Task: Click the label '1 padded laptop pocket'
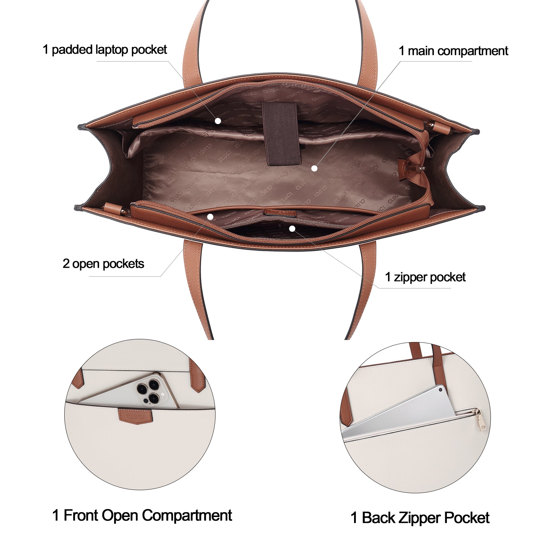[x=104, y=50]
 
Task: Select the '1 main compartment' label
[x=453, y=51]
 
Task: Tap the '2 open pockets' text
[x=103, y=264]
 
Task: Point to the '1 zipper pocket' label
[x=425, y=277]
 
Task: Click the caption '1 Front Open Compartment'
[x=142, y=516]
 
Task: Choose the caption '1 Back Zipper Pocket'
[x=420, y=518]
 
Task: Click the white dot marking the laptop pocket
[x=218, y=121]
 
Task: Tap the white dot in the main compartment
[x=314, y=168]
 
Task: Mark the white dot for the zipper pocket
[x=292, y=229]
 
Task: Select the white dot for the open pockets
[x=210, y=217]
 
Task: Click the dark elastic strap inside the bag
[x=282, y=134]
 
